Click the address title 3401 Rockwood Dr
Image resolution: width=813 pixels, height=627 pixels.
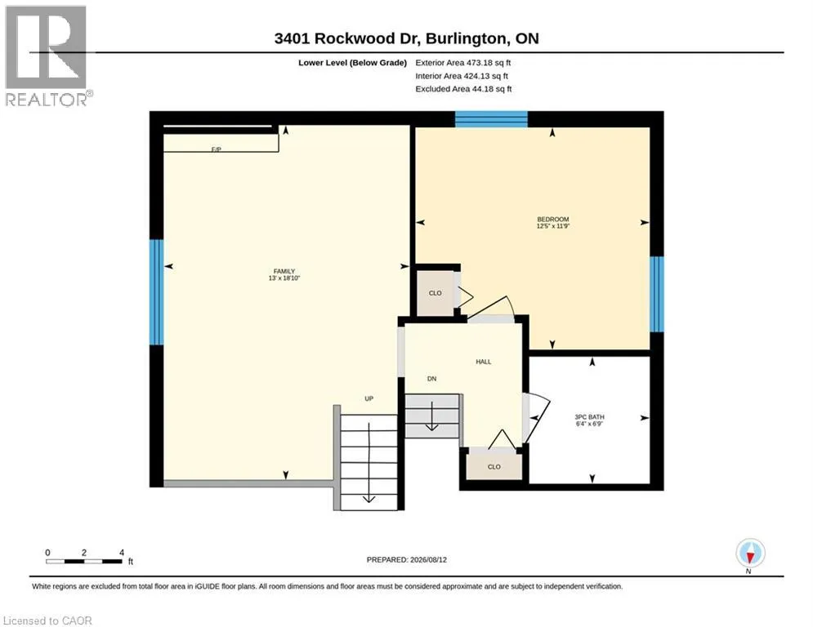pyautogui.click(x=350, y=38)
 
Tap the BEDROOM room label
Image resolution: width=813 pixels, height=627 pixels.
pyautogui.click(x=552, y=219)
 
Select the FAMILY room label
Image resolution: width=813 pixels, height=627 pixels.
pyautogui.click(x=284, y=271)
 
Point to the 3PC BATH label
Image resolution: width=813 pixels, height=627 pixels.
pyautogui.click(x=590, y=416)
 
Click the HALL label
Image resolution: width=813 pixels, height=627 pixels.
pyautogui.click(x=483, y=362)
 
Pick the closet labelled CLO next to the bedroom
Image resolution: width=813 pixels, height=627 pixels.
pyautogui.click(x=435, y=293)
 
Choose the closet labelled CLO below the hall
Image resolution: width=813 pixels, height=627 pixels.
pyautogui.click(x=494, y=467)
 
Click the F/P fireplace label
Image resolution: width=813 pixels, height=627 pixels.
pyautogui.click(x=217, y=149)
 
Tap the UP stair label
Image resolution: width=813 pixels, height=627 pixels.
pyautogui.click(x=369, y=398)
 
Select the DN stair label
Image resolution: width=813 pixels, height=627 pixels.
pyautogui.click(x=432, y=379)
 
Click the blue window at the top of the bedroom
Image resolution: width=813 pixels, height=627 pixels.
pyautogui.click(x=491, y=119)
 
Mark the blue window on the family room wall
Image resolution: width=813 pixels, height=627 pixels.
pyautogui.click(x=156, y=291)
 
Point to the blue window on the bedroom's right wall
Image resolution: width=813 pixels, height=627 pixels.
pyautogui.click(x=657, y=294)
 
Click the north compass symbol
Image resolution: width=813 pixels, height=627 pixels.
pyautogui.click(x=750, y=554)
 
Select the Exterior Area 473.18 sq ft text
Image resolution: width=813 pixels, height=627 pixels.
pyautogui.click(x=463, y=63)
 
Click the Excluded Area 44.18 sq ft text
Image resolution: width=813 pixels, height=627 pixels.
pyautogui.click(x=463, y=89)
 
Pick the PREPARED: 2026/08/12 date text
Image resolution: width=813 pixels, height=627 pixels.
pyautogui.click(x=407, y=559)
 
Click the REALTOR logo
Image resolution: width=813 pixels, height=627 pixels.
pyautogui.click(x=47, y=56)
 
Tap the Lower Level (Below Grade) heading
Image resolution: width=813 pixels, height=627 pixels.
pyautogui.click(x=353, y=63)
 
